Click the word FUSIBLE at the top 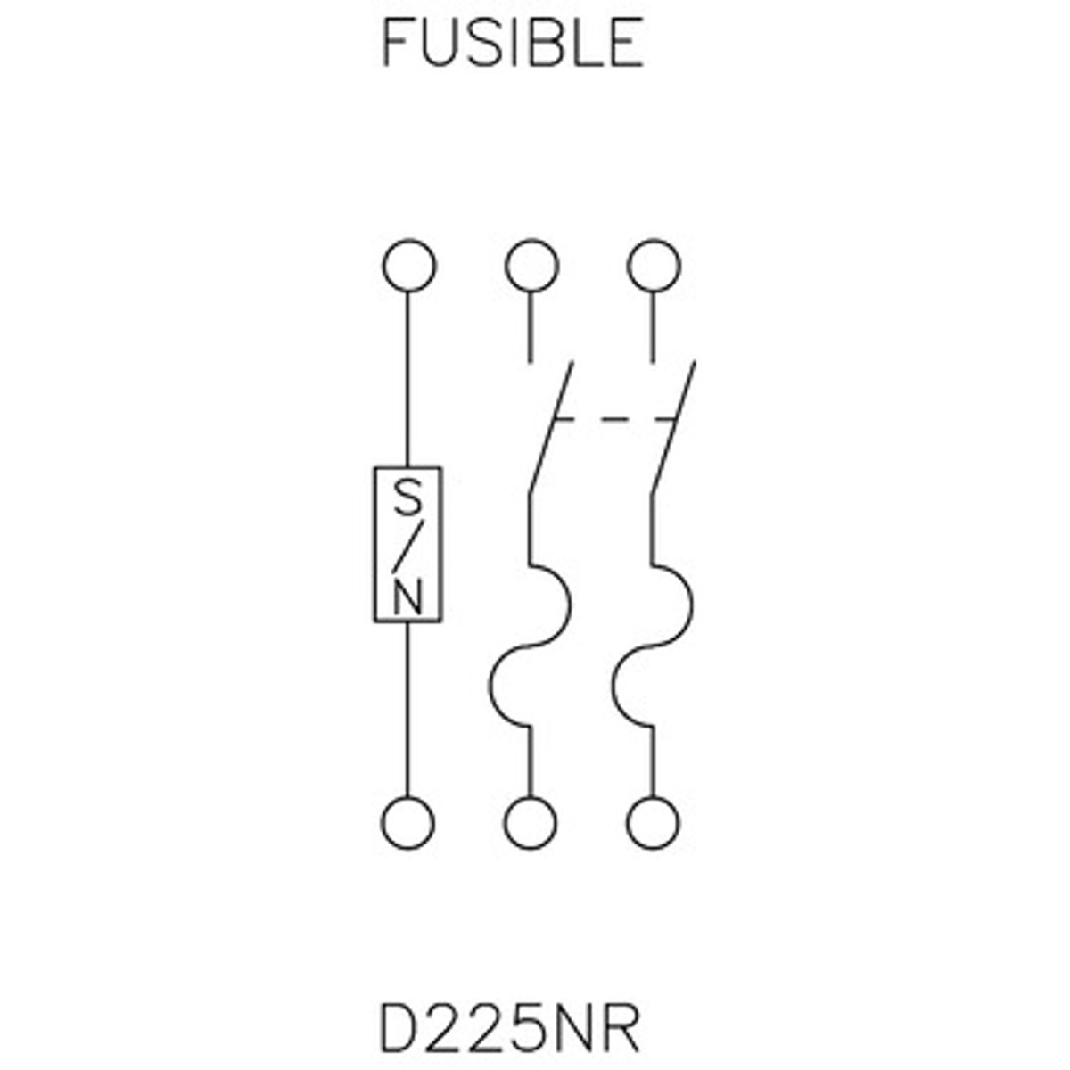click(x=513, y=43)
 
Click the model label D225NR click(x=509, y=1030)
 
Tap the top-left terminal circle click(x=408, y=266)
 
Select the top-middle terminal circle click(x=531, y=266)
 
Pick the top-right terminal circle click(x=654, y=266)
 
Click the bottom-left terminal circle click(x=408, y=822)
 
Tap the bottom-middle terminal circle click(x=531, y=822)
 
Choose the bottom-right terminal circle click(x=654, y=822)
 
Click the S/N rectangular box click(x=407, y=543)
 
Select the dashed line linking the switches click(x=613, y=418)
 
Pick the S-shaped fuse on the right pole click(x=654, y=646)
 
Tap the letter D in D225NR click(x=398, y=1030)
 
